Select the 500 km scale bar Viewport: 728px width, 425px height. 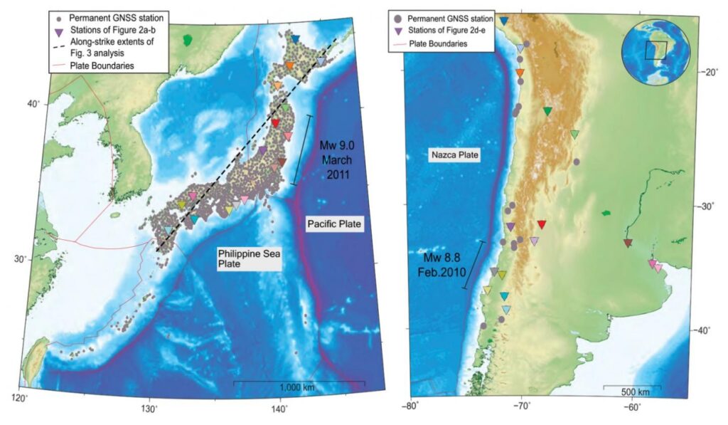(632, 388)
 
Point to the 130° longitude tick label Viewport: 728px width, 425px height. (149, 409)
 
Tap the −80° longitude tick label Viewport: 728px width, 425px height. (412, 407)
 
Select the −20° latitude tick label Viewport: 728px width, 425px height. (703, 72)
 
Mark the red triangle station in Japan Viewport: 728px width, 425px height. (276, 123)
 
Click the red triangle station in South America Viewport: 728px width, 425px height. (542, 224)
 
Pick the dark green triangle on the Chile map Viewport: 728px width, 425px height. (547, 111)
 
